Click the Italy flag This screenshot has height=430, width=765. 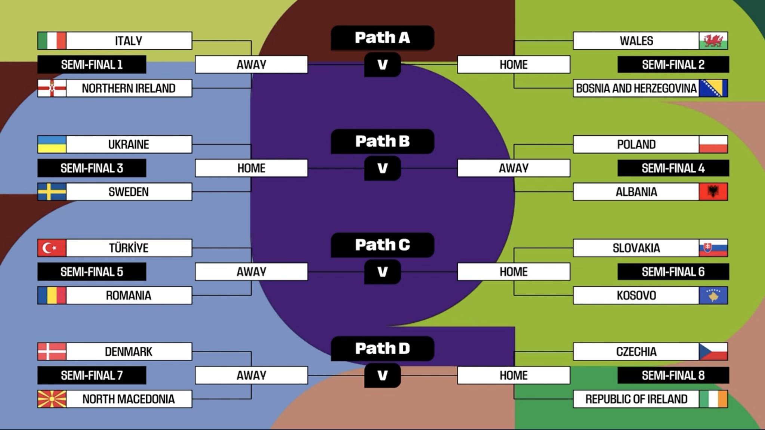52,41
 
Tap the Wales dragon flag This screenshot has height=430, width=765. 713,41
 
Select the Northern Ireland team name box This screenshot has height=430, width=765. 129,88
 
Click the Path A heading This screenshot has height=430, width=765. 382,38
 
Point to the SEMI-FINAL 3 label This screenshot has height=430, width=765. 92,168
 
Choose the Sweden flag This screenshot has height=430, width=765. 52,192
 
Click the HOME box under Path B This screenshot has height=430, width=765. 251,168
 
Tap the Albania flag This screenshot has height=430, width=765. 713,192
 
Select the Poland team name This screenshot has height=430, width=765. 636,144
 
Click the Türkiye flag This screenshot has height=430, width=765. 52,248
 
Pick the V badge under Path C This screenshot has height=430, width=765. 382,272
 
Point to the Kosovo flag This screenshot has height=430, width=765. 713,295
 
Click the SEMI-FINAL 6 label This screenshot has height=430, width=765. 673,272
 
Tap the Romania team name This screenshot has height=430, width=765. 129,295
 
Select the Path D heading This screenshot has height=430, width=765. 382,349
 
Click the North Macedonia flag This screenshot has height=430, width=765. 52,399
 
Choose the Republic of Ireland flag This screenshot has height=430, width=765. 713,399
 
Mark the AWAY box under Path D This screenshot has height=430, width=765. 251,375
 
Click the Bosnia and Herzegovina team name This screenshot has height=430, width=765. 636,88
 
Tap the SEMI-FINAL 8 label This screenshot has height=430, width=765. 673,375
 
